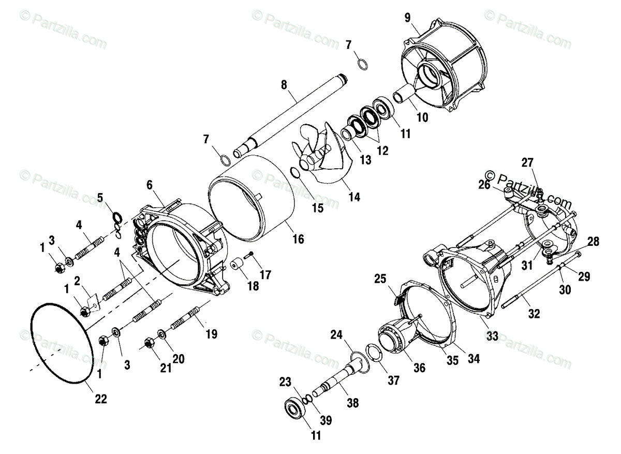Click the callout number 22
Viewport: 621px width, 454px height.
(101, 399)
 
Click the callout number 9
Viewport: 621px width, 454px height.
(408, 18)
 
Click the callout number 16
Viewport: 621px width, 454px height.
(298, 239)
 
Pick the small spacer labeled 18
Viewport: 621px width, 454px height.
(238, 266)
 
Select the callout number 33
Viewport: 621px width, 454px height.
(492, 336)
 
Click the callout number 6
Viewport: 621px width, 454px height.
(150, 184)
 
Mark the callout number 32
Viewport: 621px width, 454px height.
(534, 313)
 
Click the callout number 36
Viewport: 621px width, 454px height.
(419, 368)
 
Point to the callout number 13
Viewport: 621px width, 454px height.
(366, 160)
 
